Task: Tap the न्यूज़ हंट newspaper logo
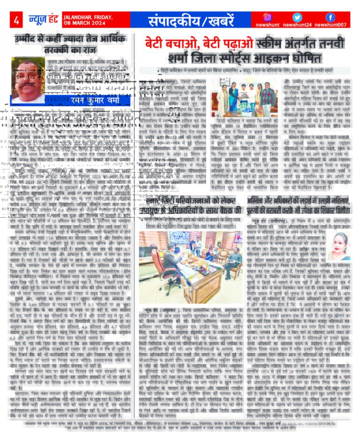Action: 40,20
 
